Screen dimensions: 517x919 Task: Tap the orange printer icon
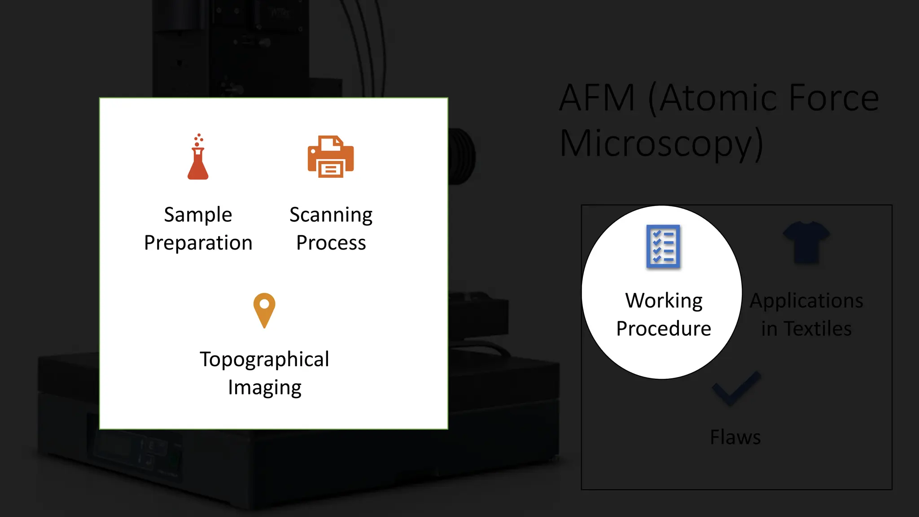(x=331, y=157)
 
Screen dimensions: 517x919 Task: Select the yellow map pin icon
(x=264, y=310)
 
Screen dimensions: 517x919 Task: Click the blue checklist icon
(x=663, y=246)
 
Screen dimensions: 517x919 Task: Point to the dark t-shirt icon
(x=806, y=242)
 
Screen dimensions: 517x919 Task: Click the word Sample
(x=198, y=215)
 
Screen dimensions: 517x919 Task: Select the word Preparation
(x=198, y=243)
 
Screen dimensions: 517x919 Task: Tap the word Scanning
(x=331, y=215)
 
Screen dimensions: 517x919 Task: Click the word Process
(x=331, y=243)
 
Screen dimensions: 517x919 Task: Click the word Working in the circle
(x=664, y=301)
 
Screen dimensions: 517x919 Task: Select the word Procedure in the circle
(x=664, y=329)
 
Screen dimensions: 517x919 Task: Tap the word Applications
(x=806, y=301)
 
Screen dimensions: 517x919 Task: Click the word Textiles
(x=818, y=329)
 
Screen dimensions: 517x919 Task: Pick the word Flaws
(x=735, y=438)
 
